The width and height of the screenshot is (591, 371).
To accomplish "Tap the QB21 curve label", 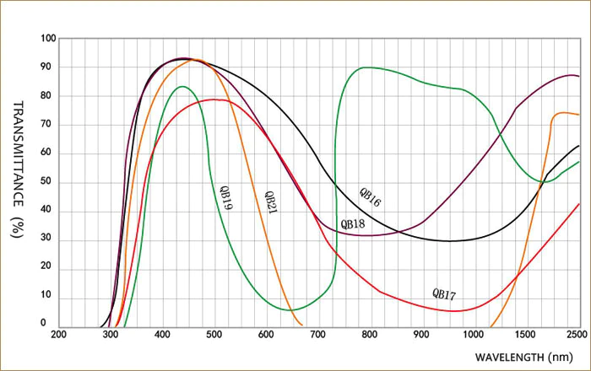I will click(x=270, y=201).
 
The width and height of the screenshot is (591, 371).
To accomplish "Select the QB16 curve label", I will click(x=370, y=198).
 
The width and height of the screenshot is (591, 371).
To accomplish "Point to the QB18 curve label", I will click(x=352, y=224).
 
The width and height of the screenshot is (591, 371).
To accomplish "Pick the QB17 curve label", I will click(x=444, y=294).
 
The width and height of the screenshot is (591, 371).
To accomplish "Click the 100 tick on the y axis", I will click(x=47, y=39).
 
